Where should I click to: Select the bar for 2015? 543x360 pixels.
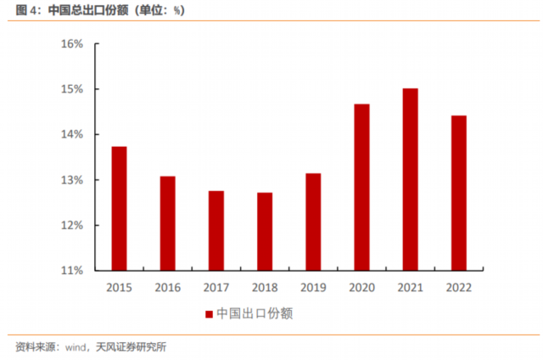pos(119,209)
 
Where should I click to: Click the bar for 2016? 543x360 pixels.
pos(167,223)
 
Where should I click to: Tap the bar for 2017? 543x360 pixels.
pos(216,230)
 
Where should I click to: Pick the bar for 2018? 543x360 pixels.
pos(265,231)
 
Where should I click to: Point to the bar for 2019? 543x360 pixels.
pos(313,222)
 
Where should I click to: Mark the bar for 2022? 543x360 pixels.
pos(458,193)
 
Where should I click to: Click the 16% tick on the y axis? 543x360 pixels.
pos(71,43)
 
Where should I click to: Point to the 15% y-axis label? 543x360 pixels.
pos(71,89)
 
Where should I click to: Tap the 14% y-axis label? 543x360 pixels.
pos(71,134)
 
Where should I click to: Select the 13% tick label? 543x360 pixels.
pos(71,180)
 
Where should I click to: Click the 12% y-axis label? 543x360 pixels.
pos(71,225)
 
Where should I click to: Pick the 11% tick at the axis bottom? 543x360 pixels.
pos(71,271)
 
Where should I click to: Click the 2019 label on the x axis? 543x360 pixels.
pos(313,287)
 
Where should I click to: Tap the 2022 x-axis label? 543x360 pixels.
pos(458,287)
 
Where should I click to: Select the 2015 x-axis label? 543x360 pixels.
pos(119,287)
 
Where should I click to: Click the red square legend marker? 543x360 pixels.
pos(208,313)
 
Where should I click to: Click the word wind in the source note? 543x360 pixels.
pos(77,346)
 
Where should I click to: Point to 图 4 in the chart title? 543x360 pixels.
pos(26,11)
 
